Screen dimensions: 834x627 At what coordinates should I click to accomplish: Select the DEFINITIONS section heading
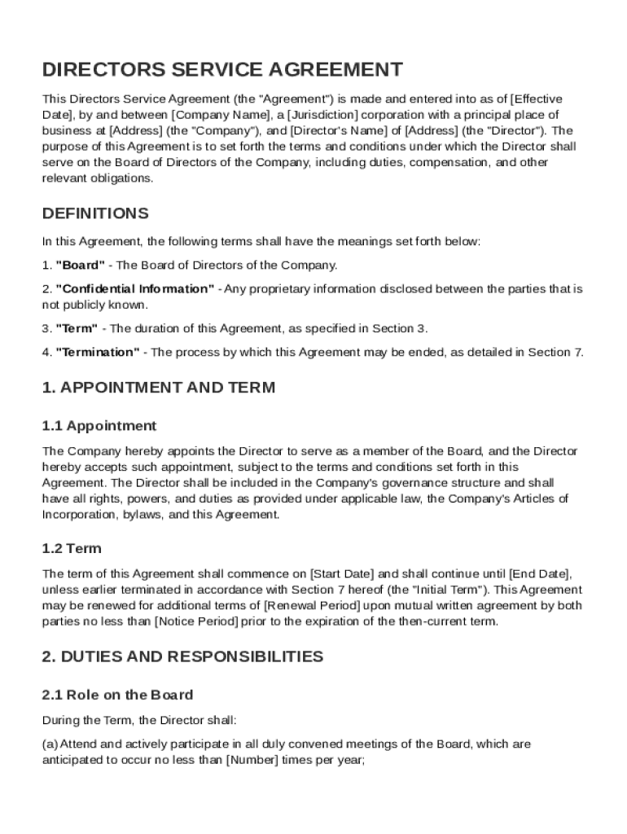[95, 213]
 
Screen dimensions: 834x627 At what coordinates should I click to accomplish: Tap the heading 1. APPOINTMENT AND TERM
[159, 388]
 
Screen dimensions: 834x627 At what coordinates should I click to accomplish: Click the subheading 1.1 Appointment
[99, 425]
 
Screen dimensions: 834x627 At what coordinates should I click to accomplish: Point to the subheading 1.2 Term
[72, 549]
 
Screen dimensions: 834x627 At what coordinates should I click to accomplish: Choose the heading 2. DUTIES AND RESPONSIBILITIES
[182, 656]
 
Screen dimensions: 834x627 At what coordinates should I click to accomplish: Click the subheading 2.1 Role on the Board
[117, 695]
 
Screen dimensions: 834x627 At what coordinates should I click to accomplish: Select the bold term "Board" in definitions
[80, 266]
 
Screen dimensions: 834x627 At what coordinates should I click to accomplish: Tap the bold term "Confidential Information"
[135, 289]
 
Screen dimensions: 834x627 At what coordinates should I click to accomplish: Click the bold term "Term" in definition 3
[77, 328]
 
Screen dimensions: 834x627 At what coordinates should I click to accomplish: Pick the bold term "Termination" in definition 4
[97, 352]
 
